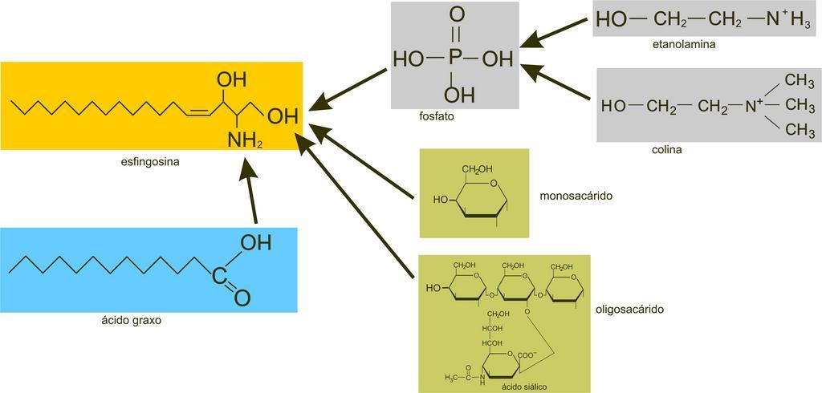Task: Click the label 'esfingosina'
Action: [x=149, y=161]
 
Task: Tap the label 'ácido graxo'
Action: [x=132, y=321]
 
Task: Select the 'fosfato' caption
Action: [x=437, y=116]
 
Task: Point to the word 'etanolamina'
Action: [x=684, y=45]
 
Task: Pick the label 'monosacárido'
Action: [x=572, y=195]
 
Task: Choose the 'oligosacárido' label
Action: [x=631, y=309]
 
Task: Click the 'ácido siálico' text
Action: [x=524, y=387]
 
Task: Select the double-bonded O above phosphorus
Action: [x=456, y=14]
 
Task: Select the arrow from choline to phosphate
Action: [x=559, y=80]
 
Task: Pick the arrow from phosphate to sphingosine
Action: [x=349, y=88]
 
